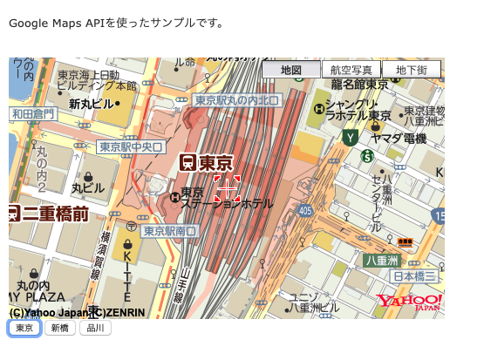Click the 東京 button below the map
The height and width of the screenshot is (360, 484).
(24, 329)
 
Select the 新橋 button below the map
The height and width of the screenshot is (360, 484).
(59, 329)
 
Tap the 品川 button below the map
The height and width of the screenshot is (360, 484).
(95, 329)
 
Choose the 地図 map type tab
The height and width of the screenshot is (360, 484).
(290, 70)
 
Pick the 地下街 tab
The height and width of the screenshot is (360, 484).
(411, 70)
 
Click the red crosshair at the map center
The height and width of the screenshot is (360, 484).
(227, 189)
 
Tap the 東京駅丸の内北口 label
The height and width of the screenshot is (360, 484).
(236, 100)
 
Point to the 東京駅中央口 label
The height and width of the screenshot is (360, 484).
(131, 147)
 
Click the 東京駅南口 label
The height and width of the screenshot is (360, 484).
(171, 231)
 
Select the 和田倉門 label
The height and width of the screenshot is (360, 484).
(33, 113)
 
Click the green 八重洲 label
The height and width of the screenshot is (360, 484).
(381, 261)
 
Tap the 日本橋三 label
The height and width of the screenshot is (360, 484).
(415, 276)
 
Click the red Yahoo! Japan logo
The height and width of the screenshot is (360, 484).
(410, 302)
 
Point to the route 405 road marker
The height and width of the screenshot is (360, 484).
(304, 210)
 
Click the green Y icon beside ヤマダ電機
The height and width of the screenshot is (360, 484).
(350, 137)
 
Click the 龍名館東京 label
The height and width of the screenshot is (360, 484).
(359, 85)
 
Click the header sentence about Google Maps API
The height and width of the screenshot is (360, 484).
(116, 23)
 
